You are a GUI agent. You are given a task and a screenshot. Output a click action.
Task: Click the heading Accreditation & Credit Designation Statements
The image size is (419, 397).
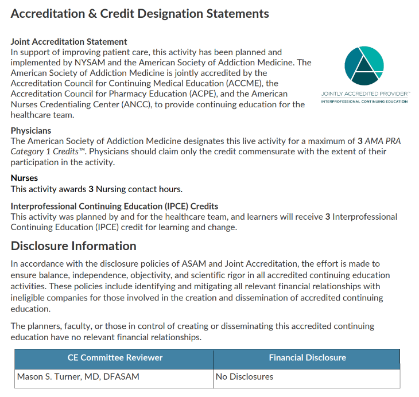(139, 13)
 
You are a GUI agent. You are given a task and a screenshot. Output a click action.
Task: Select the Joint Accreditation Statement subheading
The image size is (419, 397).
(69, 42)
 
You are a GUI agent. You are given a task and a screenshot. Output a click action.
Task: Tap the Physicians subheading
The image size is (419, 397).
(31, 131)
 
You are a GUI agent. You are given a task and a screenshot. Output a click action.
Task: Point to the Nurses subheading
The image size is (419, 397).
(24, 178)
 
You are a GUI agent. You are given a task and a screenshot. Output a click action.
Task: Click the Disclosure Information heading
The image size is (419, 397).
(73, 246)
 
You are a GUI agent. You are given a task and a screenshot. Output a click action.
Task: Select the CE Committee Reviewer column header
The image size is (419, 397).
(115, 357)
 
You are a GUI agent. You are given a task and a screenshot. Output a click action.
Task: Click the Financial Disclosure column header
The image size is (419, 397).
(307, 357)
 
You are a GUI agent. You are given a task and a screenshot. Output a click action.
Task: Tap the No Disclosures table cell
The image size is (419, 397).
(245, 377)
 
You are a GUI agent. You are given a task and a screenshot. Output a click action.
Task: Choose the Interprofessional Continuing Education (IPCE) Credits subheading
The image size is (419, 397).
(114, 206)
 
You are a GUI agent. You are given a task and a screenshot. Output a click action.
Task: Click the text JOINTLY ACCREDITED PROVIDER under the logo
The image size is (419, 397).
(364, 94)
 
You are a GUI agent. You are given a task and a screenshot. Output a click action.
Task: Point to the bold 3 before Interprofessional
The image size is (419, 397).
(328, 217)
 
